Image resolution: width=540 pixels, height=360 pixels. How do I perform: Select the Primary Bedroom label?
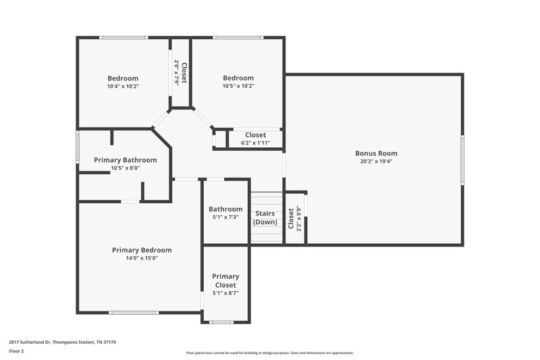[x=142, y=250]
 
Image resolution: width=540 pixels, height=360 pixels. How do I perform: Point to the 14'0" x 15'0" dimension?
[x=142, y=258]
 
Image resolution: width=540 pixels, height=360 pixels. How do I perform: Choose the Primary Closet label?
[x=225, y=280]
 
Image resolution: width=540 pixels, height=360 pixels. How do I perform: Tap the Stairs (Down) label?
[x=265, y=217]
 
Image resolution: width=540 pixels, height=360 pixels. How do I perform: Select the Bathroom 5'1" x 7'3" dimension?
[x=225, y=217]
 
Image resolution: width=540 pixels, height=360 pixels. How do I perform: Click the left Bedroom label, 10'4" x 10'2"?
[x=123, y=78]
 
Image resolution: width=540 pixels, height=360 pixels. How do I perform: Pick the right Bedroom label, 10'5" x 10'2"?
[x=238, y=78]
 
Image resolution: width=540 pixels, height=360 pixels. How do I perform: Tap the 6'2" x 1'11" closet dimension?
[x=255, y=143]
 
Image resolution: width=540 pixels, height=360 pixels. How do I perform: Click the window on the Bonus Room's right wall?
[x=462, y=159]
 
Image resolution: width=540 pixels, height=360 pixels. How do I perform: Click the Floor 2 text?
[x=16, y=351]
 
